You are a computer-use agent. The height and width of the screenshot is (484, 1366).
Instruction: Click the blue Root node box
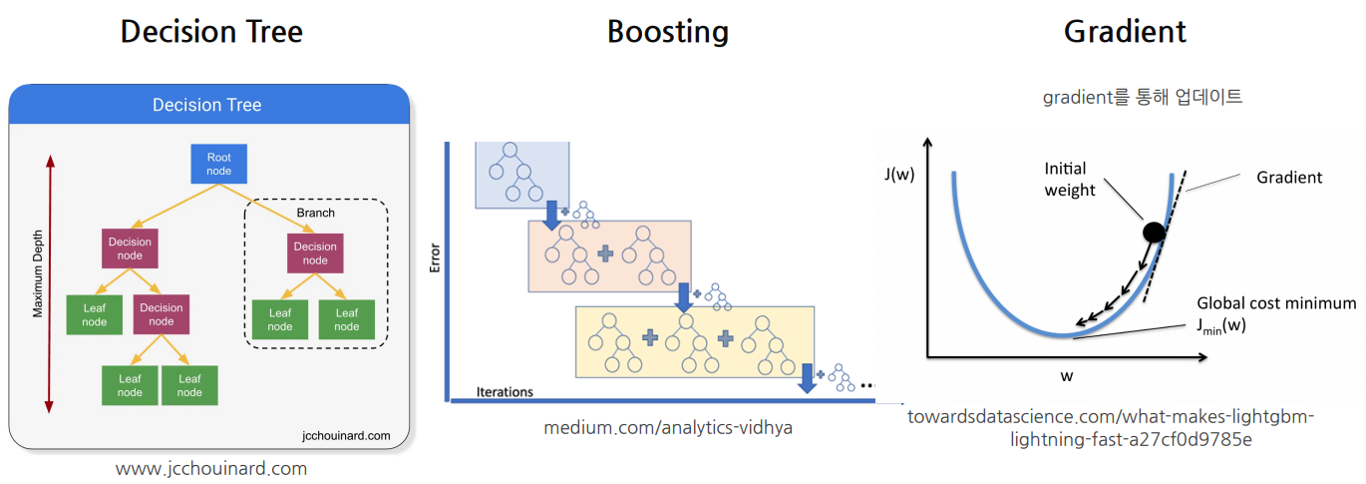[218, 164]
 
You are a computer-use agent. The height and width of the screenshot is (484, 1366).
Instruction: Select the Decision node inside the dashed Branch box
[315, 253]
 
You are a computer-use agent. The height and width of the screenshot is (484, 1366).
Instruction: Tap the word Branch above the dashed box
[315, 213]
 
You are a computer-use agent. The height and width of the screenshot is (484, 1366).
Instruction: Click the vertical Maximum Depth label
[38, 283]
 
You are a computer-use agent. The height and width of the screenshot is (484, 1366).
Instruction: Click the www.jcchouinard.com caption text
[211, 468]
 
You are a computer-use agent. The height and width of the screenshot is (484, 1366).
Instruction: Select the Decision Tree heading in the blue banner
[206, 105]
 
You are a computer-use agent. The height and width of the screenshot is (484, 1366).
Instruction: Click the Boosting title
[667, 31]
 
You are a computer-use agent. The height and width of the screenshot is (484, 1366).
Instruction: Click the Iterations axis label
[505, 391]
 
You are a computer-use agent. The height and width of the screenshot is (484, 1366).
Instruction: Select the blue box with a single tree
[521, 175]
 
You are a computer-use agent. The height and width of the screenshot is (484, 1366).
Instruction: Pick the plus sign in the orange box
[605, 254]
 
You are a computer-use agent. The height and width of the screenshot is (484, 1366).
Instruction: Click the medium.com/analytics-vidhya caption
[668, 427]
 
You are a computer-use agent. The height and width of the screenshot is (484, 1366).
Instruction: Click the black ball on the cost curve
[1154, 233]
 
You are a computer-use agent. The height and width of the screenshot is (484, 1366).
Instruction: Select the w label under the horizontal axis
[1067, 375]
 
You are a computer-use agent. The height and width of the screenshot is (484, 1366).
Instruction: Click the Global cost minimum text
[1276, 303]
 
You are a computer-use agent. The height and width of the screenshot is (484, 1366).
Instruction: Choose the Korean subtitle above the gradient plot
[1143, 97]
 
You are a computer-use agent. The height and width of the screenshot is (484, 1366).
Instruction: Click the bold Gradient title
[1125, 31]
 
